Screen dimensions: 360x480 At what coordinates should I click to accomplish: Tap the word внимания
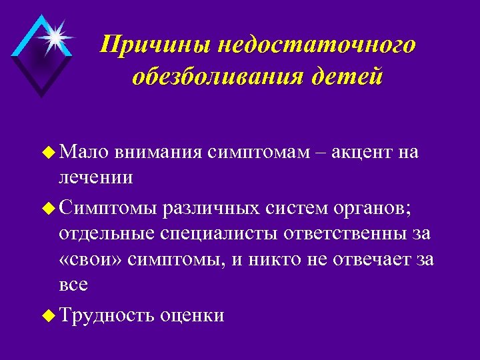[157, 153]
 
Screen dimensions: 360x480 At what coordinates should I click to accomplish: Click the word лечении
[96, 178]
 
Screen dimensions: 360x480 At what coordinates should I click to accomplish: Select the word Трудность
[107, 315]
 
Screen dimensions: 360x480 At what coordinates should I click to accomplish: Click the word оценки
[192, 315]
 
